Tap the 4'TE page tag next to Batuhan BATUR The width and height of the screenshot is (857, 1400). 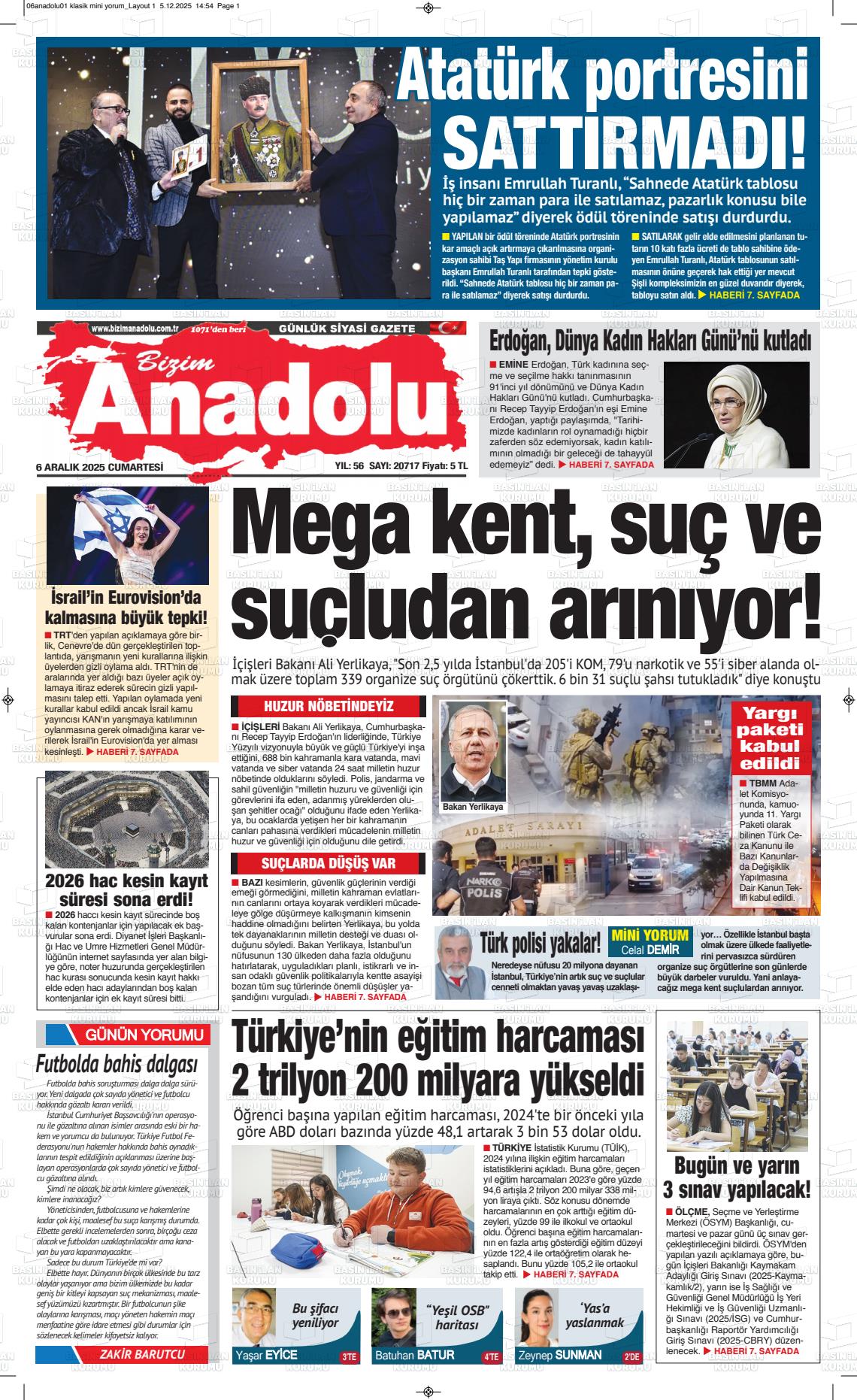(x=491, y=1357)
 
